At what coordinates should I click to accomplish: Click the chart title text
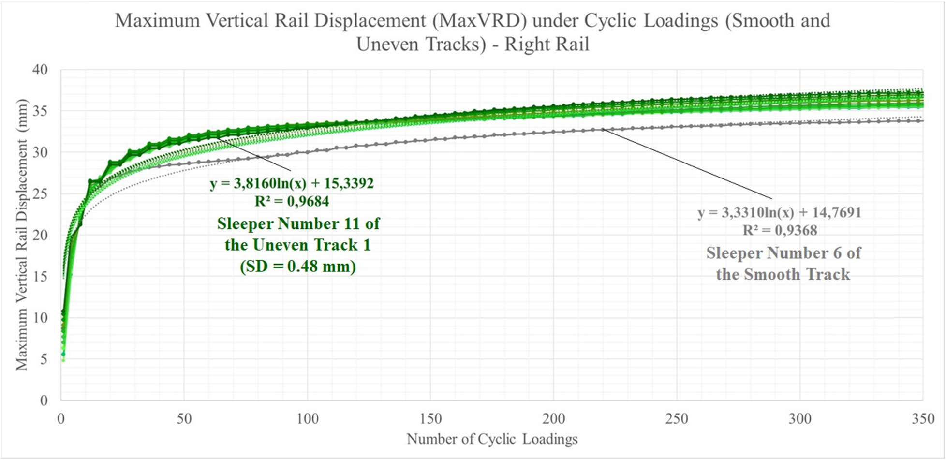tap(473, 32)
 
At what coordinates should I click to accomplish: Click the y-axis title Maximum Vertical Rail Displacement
tap(22, 235)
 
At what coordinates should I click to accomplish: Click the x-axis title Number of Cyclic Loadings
tap(492, 439)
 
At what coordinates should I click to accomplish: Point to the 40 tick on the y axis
tap(40, 70)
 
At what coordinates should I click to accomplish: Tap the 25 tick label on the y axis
tap(40, 194)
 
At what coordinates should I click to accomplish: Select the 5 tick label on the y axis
tap(44, 359)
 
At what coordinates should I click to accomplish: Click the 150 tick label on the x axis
tap(430, 418)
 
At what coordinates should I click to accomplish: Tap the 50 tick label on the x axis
tap(184, 418)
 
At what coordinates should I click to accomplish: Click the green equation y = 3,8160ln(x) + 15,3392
tap(292, 183)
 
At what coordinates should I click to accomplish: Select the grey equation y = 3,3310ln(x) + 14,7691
tap(780, 212)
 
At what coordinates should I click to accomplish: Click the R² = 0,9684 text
tap(292, 201)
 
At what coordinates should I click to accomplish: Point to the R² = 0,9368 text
tap(780, 230)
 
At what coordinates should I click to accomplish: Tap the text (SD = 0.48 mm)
tap(298, 266)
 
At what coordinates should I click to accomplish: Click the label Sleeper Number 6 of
tap(783, 253)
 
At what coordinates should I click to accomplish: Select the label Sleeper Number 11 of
tap(298, 223)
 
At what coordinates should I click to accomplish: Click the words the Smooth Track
tap(783, 274)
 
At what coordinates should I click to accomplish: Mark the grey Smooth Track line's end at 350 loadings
tap(922, 121)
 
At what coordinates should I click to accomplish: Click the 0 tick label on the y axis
tap(44, 401)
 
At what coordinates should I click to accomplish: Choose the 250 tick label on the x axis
tap(677, 418)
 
